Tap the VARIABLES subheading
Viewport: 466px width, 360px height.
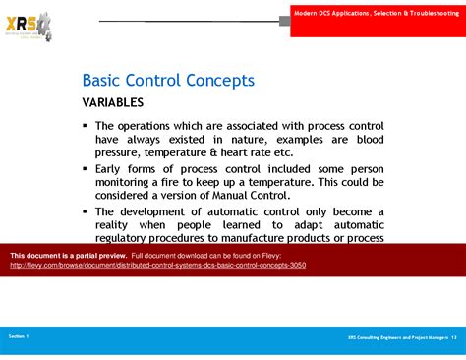pos(112,102)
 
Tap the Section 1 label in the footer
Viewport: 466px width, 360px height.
pos(19,336)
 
